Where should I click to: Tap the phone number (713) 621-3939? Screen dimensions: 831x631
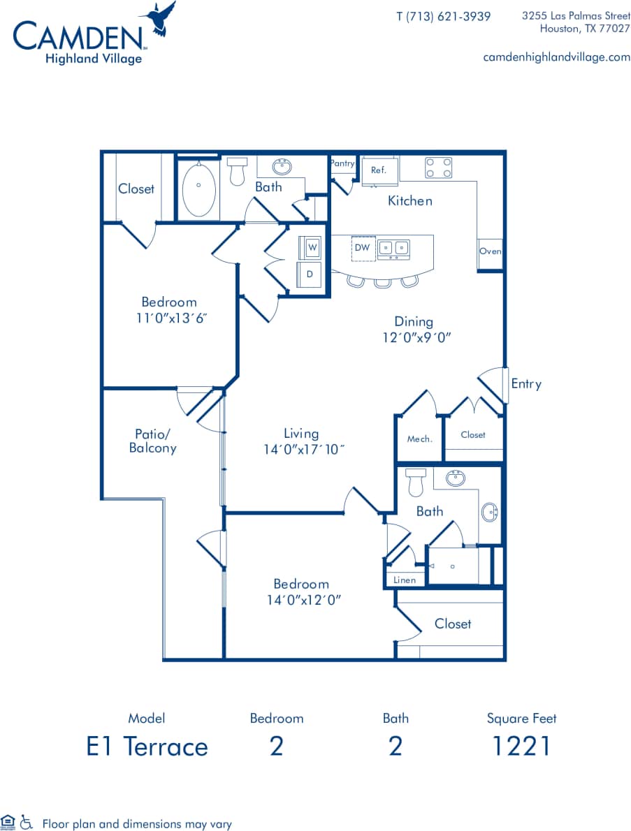point(443,16)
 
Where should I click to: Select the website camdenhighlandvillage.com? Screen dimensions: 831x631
point(556,57)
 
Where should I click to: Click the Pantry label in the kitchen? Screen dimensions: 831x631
point(342,163)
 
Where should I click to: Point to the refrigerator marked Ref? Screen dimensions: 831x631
point(379,170)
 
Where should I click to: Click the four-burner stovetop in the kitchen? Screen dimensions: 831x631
point(439,168)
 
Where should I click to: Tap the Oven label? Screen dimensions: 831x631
point(490,251)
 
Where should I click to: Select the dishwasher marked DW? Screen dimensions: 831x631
point(362,248)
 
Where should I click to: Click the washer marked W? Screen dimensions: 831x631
point(312,247)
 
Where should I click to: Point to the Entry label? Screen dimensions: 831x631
point(525,383)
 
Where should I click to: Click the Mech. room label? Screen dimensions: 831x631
point(419,439)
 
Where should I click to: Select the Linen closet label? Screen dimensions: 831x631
point(405,580)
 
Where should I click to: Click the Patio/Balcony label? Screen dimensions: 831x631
point(152,441)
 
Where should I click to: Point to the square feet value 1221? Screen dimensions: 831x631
point(521,747)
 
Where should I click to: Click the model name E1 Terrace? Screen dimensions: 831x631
point(147,747)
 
